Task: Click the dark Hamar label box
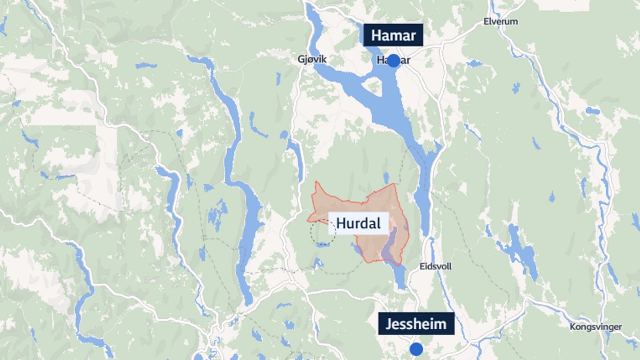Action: click(393, 36)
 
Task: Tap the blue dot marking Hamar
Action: click(393, 61)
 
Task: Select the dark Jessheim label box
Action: click(416, 324)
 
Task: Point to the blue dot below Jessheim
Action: click(416, 349)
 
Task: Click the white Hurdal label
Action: click(358, 223)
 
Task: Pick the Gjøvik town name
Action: click(311, 60)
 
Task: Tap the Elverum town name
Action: click(500, 22)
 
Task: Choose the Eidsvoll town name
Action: click(435, 266)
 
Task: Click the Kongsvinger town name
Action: click(595, 327)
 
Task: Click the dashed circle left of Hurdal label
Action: click(323, 232)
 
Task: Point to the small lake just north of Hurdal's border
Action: click(386, 178)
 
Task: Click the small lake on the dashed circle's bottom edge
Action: click(323, 245)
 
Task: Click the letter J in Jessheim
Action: click(386, 324)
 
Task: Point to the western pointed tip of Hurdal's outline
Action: click(308, 219)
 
